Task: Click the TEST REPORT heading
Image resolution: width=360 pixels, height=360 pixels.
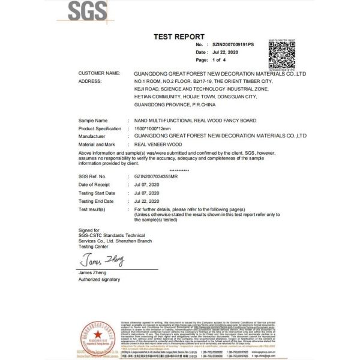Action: (179, 37)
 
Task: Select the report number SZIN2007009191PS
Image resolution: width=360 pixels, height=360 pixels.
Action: (233, 45)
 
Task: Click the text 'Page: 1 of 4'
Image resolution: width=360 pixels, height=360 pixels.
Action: (211, 61)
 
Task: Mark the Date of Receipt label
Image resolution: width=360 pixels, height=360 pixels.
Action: (95, 185)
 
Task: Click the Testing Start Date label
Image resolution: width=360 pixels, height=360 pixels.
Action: (97, 193)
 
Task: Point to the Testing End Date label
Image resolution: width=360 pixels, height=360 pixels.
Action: (96, 201)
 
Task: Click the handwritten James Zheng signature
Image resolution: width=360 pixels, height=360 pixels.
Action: (100, 260)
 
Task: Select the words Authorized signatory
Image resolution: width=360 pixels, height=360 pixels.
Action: (99, 280)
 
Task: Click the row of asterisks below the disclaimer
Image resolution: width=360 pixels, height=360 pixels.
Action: (179, 170)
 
